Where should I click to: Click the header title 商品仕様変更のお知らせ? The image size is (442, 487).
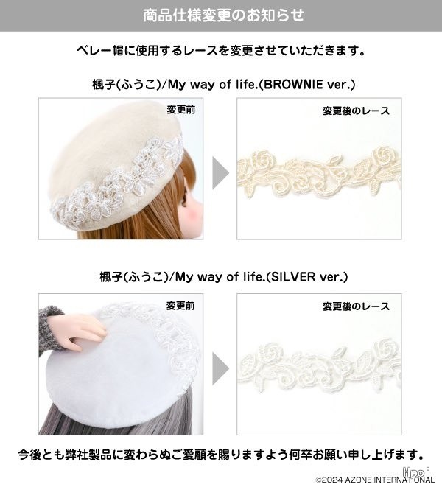click(223, 15)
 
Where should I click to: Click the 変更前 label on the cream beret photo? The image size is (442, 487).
click(181, 110)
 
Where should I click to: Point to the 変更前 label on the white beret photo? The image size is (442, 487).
click(180, 306)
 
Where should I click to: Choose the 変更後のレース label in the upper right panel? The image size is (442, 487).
click(356, 111)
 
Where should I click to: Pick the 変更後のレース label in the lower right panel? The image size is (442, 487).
click(356, 306)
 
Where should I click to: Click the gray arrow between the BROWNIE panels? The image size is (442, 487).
click(220, 173)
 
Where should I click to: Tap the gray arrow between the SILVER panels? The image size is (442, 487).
click(220, 368)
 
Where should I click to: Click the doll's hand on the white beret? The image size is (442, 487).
click(77, 331)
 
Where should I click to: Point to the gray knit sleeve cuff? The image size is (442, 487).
click(49, 329)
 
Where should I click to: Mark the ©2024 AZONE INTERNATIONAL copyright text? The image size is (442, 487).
click(375, 480)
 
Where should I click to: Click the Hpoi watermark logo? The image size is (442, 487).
click(416, 472)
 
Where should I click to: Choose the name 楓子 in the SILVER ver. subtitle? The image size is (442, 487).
click(110, 277)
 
